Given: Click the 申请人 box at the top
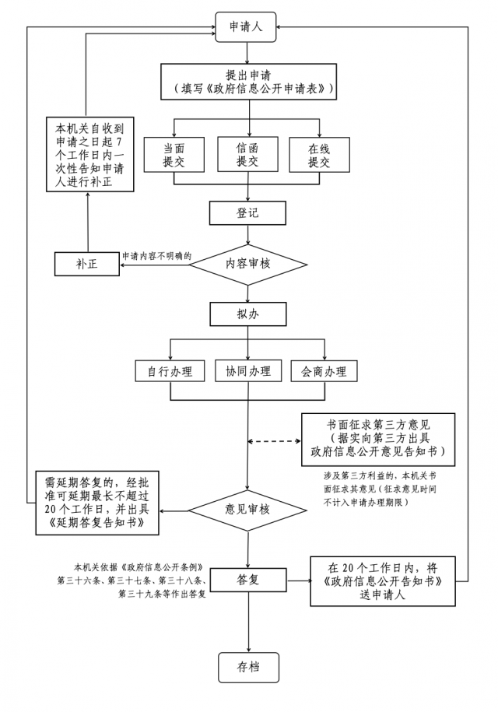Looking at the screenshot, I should pyautogui.click(x=247, y=27).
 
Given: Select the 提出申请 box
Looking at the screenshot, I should pyautogui.click(x=248, y=82).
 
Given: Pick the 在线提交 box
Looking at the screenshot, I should pyautogui.click(x=319, y=154).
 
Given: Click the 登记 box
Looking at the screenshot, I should pyautogui.click(x=247, y=212).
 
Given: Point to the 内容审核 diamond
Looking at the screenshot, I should pyautogui.click(x=247, y=264).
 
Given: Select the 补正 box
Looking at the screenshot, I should pyautogui.click(x=86, y=264).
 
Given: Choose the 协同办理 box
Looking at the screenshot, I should pyautogui.click(x=247, y=371).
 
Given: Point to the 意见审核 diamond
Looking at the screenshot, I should pyautogui.click(x=247, y=509).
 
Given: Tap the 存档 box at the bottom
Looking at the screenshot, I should pyautogui.click(x=247, y=665).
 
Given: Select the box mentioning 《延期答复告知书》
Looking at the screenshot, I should pyautogui.click(x=96, y=503).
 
